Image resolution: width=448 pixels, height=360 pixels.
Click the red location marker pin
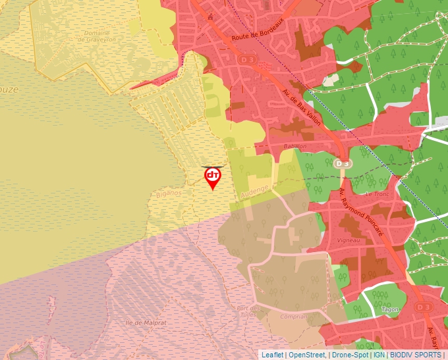pos(212,177)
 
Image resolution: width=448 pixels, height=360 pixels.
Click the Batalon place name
pos(294,145)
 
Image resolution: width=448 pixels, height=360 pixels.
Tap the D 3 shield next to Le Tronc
pos(341,163)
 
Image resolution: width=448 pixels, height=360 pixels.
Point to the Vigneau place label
pos(348,240)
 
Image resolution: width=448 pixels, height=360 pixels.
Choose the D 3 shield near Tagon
pos(424,307)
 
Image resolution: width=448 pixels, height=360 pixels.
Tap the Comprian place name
pos(293,316)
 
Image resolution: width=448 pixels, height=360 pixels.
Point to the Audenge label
pos(254,192)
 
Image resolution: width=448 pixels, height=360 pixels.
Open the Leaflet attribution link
pos(272,354)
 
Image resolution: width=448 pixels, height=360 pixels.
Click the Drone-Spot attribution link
pos(350,354)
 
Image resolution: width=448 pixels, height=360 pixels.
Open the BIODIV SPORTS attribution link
pos(415,354)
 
